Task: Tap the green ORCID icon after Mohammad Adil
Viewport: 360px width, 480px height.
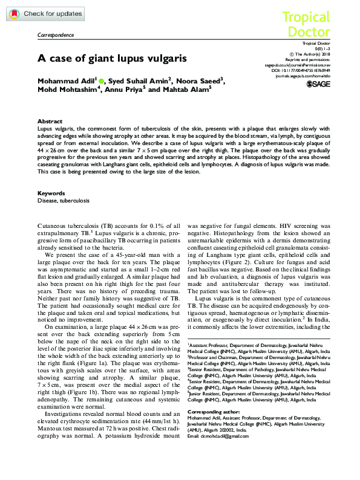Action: pos(101,80)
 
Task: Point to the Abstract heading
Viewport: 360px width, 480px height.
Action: pos(50,122)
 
